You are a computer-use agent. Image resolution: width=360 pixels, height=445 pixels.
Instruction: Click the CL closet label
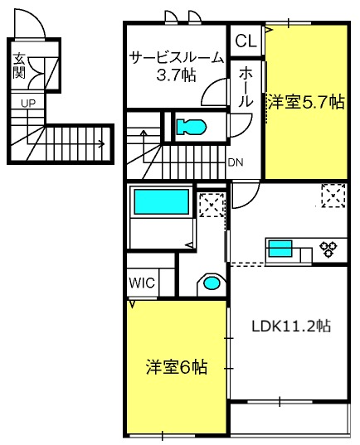pyautogui.click(x=245, y=41)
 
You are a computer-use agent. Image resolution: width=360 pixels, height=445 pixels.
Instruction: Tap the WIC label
pyautogui.click(x=141, y=282)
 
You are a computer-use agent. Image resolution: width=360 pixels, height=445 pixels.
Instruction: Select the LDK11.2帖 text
pyautogui.click(x=291, y=326)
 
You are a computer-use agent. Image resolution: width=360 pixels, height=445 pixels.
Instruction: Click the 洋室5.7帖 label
pyautogui.click(x=305, y=102)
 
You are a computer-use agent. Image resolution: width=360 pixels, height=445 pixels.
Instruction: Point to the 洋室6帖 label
pyautogui.click(x=177, y=366)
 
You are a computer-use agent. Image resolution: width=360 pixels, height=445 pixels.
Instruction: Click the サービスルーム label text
pyautogui.click(x=176, y=58)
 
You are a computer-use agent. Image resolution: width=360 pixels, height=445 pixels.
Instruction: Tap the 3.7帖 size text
pyautogui.click(x=175, y=75)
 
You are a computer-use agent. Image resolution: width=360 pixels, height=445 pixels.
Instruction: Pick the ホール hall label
pyautogui.click(x=247, y=86)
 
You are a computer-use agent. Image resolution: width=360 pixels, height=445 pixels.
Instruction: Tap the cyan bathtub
pyautogui.click(x=162, y=201)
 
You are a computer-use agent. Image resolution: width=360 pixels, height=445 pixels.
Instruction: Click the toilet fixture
pyautogui.click(x=192, y=127)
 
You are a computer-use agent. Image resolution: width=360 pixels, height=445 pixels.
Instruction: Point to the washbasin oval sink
pyautogui.click(x=212, y=283)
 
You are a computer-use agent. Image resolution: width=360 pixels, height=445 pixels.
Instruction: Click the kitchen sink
pyautogui.click(x=280, y=247)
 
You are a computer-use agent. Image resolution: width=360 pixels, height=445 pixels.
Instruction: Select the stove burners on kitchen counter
pyautogui.click(x=328, y=247)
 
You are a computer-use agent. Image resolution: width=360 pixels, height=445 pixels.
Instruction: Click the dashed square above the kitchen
pyautogui.click(x=333, y=196)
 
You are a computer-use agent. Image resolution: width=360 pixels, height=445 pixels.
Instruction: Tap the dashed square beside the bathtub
pyautogui.click(x=211, y=204)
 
